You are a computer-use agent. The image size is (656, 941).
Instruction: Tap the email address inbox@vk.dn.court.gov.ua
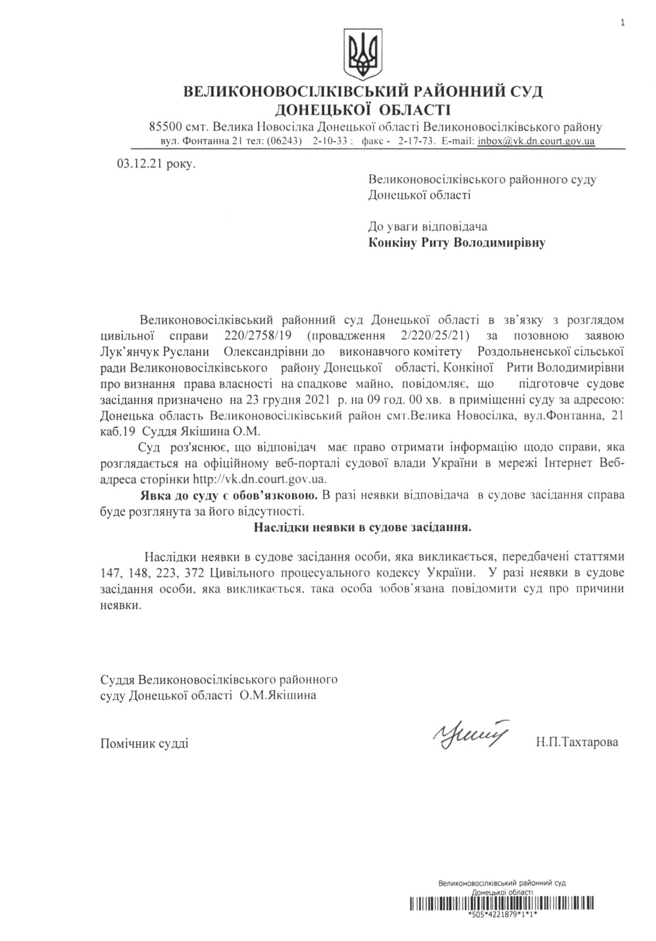(x=536, y=141)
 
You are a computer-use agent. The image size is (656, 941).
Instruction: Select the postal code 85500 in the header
(x=165, y=128)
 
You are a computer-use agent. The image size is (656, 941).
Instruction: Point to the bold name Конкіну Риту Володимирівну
(x=457, y=244)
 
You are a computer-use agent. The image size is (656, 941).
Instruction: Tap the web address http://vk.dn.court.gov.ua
(x=259, y=479)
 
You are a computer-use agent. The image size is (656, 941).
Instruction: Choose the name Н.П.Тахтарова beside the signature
(x=577, y=742)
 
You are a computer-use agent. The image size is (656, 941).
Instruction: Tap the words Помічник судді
(x=144, y=743)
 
